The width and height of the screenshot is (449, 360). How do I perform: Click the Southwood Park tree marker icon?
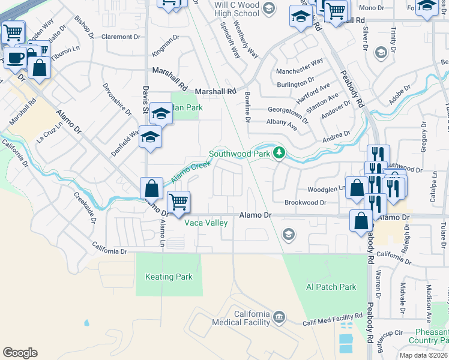point(279,153)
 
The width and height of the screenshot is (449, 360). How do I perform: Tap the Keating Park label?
point(169,277)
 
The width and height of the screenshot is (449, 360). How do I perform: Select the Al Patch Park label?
point(331,287)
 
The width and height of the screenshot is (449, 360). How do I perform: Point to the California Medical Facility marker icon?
point(279,316)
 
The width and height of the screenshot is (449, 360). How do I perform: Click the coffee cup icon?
point(14,58)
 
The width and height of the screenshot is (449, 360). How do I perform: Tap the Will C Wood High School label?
point(237,9)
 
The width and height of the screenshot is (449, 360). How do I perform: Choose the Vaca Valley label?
point(206,223)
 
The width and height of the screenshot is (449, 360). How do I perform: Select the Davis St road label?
point(145,99)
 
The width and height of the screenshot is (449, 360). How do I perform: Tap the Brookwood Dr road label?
point(305,203)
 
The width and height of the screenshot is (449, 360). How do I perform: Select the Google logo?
point(20,353)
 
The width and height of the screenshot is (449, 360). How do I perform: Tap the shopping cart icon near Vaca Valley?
point(178,202)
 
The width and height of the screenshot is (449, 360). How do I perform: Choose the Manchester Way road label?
point(300,66)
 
